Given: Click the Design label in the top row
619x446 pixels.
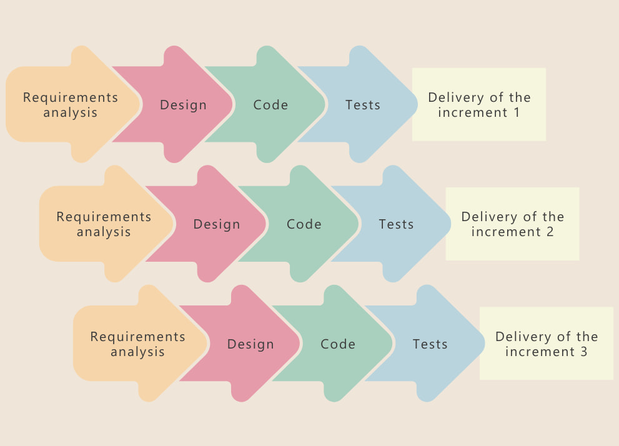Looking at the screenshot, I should click(183, 105).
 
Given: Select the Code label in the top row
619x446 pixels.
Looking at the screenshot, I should click(270, 105).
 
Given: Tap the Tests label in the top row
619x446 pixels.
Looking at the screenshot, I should click(363, 105).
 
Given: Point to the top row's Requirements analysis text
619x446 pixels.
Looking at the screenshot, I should click(71, 105).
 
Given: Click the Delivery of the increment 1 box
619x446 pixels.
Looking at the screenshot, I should click(479, 104).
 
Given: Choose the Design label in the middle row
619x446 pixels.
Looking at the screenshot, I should click(217, 224).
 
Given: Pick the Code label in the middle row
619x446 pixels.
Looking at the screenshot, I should click(304, 224).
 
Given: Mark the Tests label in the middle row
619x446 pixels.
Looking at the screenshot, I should click(397, 224).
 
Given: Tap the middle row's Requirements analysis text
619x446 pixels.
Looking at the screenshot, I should click(104, 224).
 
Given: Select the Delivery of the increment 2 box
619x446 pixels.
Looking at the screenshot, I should click(513, 224).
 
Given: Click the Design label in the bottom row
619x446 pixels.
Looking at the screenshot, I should click(250, 344).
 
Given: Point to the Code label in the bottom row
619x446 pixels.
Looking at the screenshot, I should click(338, 344).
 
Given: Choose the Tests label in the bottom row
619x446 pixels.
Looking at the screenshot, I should click(430, 344).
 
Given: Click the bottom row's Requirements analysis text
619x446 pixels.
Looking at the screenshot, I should click(138, 344).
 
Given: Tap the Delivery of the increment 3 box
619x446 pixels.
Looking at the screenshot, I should click(547, 344).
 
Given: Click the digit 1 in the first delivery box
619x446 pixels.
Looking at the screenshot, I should click(516, 113).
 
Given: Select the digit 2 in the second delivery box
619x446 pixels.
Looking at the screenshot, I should click(550, 232).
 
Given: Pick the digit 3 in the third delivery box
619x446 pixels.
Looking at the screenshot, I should click(583, 352).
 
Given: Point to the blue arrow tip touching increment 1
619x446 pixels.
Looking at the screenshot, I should click(415, 105).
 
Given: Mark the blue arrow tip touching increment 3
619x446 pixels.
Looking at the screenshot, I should click(483, 344).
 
